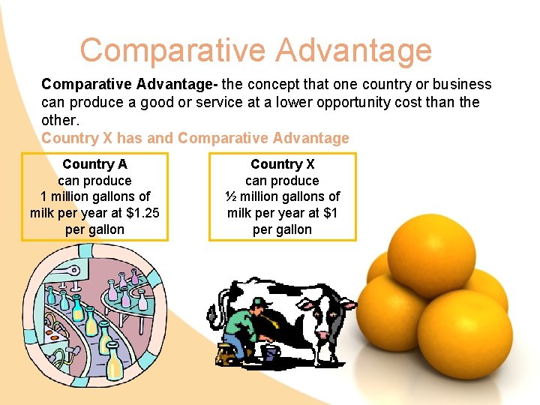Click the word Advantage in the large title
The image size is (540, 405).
pyautogui.click(x=355, y=51)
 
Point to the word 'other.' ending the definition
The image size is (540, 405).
pyautogui.click(x=60, y=120)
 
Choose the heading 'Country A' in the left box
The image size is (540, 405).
pyautogui.click(x=94, y=164)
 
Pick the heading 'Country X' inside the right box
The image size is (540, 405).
pyautogui.click(x=283, y=164)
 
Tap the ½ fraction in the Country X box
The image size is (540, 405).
pyautogui.click(x=231, y=196)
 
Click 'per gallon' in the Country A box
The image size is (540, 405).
pyautogui.click(x=94, y=229)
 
